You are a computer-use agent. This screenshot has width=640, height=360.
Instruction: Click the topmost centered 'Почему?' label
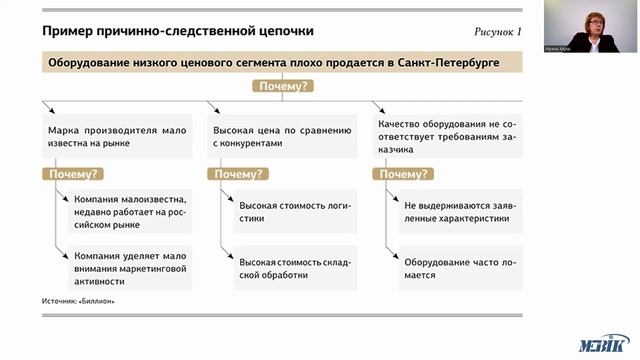[x=285, y=87]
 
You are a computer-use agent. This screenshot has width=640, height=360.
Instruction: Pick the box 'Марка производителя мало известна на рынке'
[x=118, y=137]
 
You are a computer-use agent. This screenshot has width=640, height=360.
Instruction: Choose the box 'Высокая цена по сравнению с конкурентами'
[x=283, y=137]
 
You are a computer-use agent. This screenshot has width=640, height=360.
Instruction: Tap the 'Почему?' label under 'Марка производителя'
[x=70, y=174]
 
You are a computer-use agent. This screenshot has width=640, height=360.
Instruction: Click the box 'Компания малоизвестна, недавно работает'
[x=131, y=211]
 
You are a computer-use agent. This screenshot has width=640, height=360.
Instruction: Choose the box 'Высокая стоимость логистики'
[x=296, y=211]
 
